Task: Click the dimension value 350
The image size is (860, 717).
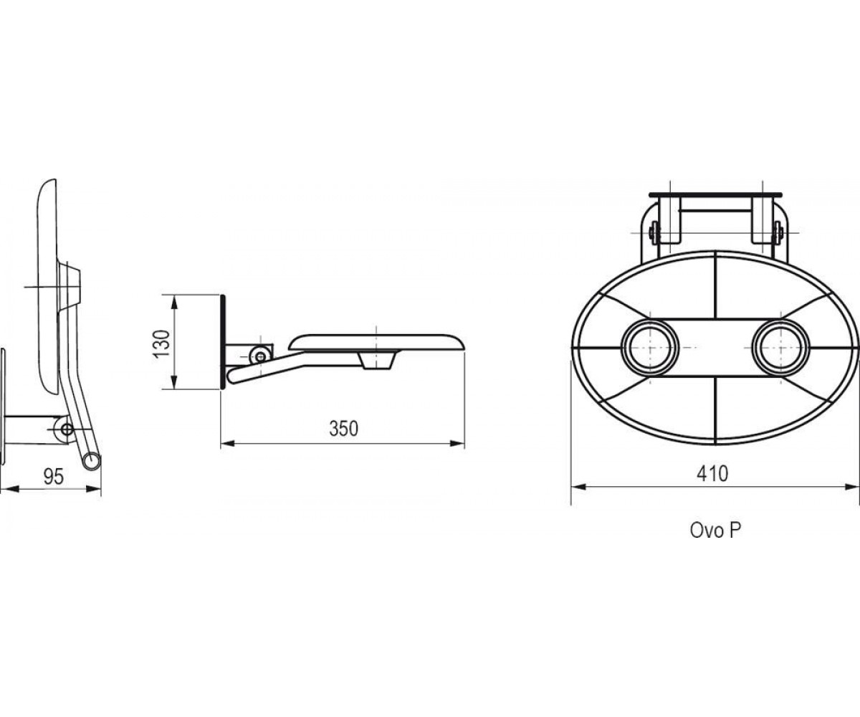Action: [343, 428]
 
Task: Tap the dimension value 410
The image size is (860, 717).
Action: [712, 473]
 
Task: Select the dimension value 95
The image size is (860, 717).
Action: [54, 477]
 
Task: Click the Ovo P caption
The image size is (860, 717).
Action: [715, 531]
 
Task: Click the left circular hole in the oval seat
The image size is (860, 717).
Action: [650, 348]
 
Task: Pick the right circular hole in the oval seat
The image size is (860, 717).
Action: [780, 348]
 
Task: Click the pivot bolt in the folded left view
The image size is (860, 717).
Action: [67, 429]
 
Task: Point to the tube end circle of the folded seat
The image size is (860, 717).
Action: [90, 460]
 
